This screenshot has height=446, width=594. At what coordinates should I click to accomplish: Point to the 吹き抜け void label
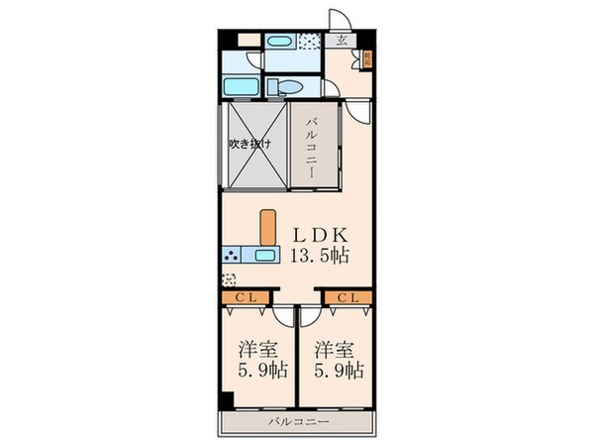250,144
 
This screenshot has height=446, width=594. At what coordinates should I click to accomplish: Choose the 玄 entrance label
342,41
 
